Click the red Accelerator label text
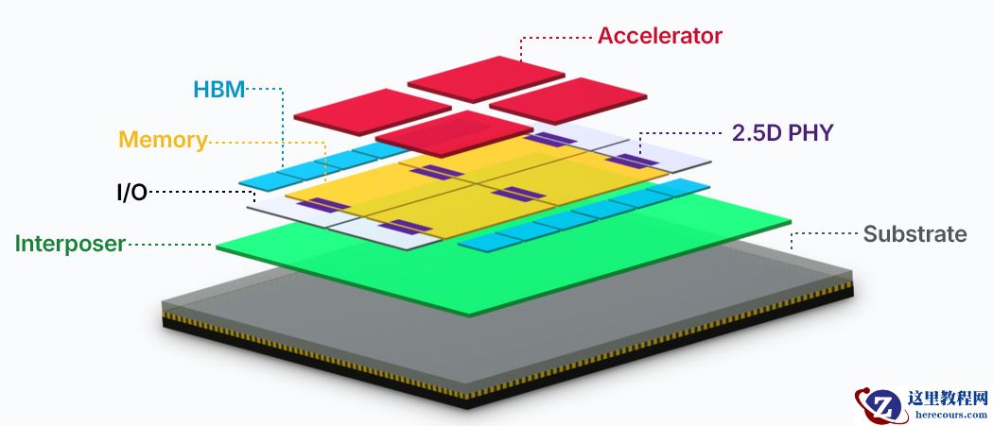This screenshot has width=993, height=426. click(x=659, y=37)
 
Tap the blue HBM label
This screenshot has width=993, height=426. click(x=218, y=90)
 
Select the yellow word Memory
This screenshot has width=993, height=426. click(x=162, y=141)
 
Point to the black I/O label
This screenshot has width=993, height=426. click(x=131, y=193)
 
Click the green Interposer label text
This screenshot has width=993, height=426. click(x=70, y=244)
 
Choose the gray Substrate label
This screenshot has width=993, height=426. click(x=915, y=234)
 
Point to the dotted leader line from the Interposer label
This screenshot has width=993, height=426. click(x=170, y=245)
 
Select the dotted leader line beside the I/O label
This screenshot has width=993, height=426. click(x=199, y=193)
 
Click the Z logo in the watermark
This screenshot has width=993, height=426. click(x=879, y=406)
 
